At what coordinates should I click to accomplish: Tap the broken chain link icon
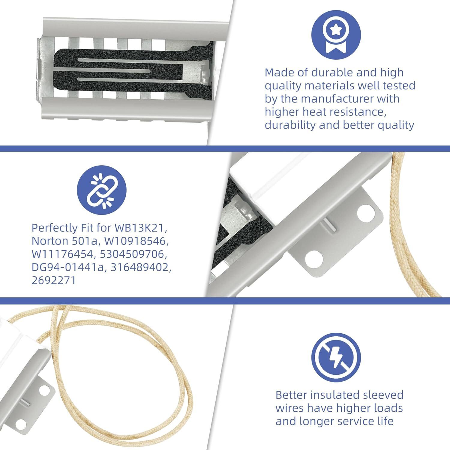102,190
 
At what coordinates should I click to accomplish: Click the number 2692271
54,280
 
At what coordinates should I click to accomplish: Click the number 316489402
141,267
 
